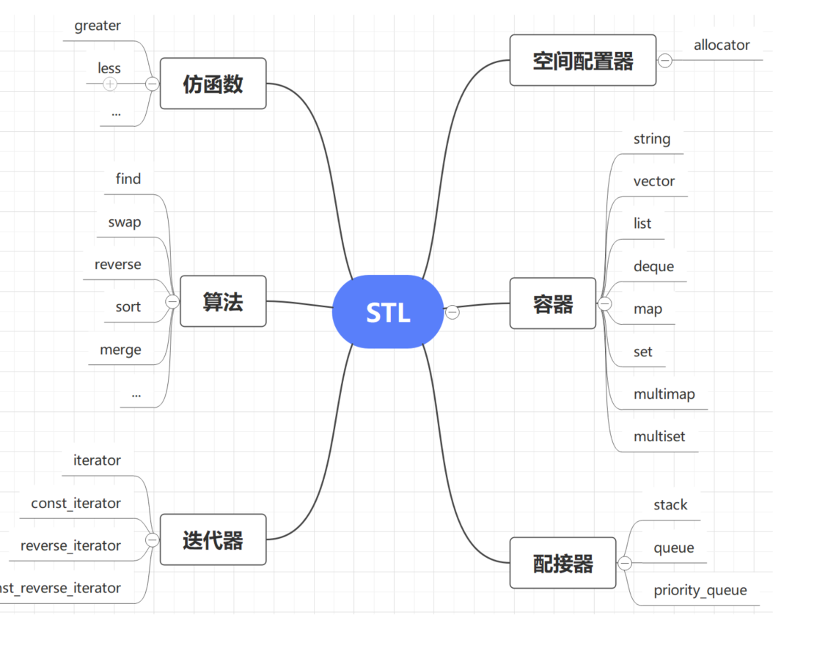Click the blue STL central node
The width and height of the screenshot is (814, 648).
click(388, 312)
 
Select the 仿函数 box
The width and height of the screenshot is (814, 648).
click(213, 84)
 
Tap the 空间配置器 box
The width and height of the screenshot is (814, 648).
click(583, 61)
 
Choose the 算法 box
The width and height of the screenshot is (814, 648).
click(223, 301)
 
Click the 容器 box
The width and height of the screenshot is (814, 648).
click(552, 303)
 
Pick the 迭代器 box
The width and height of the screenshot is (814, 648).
click(213, 540)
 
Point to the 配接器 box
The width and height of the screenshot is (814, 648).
click(562, 563)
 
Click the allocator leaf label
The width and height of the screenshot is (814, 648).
click(722, 45)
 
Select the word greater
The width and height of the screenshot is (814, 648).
click(98, 26)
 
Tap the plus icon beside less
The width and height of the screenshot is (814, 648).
click(110, 84)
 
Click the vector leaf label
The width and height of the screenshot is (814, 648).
click(654, 181)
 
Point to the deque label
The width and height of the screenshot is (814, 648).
click(653, 266)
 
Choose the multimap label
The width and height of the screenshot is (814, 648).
click(664, 394)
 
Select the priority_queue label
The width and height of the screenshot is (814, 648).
click(700, 590)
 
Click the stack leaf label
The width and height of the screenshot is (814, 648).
click(670, 505)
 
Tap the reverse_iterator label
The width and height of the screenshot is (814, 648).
click(70, 545)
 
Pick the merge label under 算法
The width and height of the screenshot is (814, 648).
click(120, 350)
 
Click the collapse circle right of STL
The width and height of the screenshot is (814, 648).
click(452, 312)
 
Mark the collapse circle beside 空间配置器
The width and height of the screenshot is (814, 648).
click(665, 61)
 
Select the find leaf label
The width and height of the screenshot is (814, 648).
click(128, 179)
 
